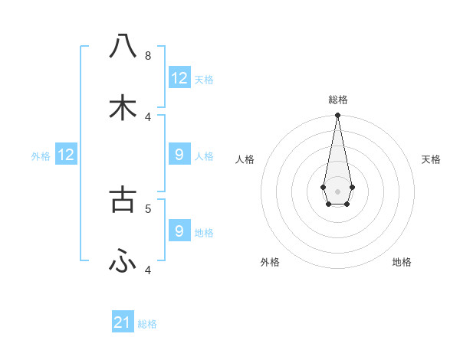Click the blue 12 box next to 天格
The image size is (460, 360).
pos(179,78)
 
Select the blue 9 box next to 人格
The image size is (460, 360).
pos(179,155)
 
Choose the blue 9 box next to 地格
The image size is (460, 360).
pos(179,231)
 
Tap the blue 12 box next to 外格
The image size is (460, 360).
pos(66,155)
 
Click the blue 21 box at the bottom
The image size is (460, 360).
pos(123,322)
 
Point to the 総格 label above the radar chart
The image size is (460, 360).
pos(338,100)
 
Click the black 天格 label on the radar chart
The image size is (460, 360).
pos(432,159)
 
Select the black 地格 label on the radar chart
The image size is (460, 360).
pos(402,262)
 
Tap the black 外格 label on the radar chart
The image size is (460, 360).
pos(270,262)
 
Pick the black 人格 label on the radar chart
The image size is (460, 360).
pos(245,159)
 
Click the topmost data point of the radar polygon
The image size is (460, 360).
pos(337,116)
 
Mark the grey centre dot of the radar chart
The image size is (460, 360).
pos(337,190)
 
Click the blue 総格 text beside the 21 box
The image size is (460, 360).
pos(147,324)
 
